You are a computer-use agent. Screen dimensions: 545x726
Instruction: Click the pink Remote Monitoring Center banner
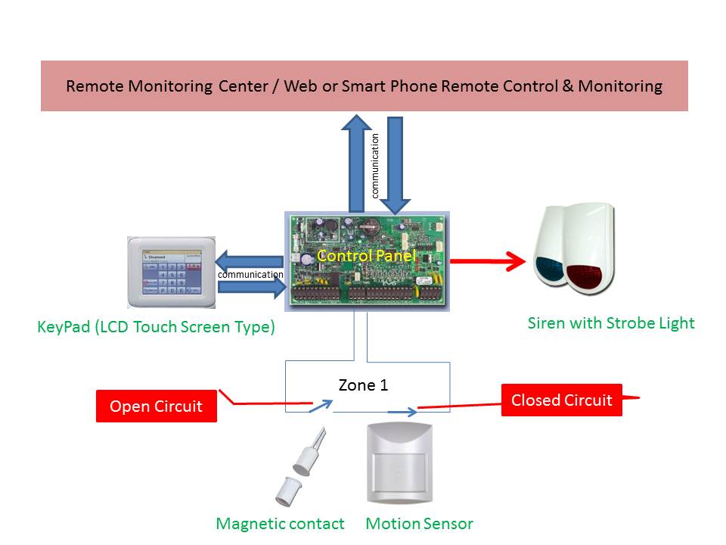tap(364, 86)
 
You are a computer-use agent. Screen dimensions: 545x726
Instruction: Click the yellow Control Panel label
tap(367, 256)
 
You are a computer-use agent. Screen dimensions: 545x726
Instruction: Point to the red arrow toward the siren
tap(487, 262)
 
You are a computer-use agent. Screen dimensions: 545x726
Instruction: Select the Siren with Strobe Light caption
tap(610, 323)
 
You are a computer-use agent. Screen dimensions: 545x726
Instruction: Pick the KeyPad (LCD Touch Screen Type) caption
tap(156, 328)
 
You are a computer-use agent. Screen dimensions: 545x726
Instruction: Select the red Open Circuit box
tap(157, 406)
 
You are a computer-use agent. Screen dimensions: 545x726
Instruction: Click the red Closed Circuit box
tap(561, 400)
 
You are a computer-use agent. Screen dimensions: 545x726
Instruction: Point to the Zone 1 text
tap(363, 385)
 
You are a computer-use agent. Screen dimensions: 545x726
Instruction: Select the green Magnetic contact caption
tap(280, 524)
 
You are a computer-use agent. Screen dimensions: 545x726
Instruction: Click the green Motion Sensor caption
tap(419, 524)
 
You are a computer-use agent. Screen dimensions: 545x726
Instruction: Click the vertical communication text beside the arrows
tap(375, 165)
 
